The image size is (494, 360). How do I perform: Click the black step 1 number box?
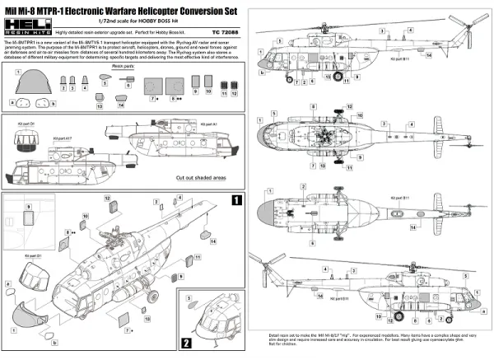point(235,200)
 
